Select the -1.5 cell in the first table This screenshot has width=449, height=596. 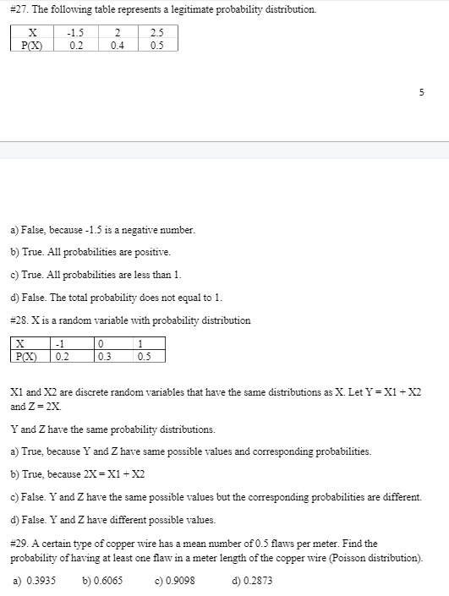pyautogui.click(x=76, y=33)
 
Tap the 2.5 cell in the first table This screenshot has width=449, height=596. pyautogui.click(x=157, y=33)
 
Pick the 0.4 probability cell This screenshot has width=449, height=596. pyautogui.click(x=118, y=45)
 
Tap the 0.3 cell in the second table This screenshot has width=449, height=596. pyautogui.click(x=105, y=355)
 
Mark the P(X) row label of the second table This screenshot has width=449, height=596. pyautogui.click(x=30, y=355)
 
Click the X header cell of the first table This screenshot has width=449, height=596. pyautogui.click(x=32, y=33)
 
